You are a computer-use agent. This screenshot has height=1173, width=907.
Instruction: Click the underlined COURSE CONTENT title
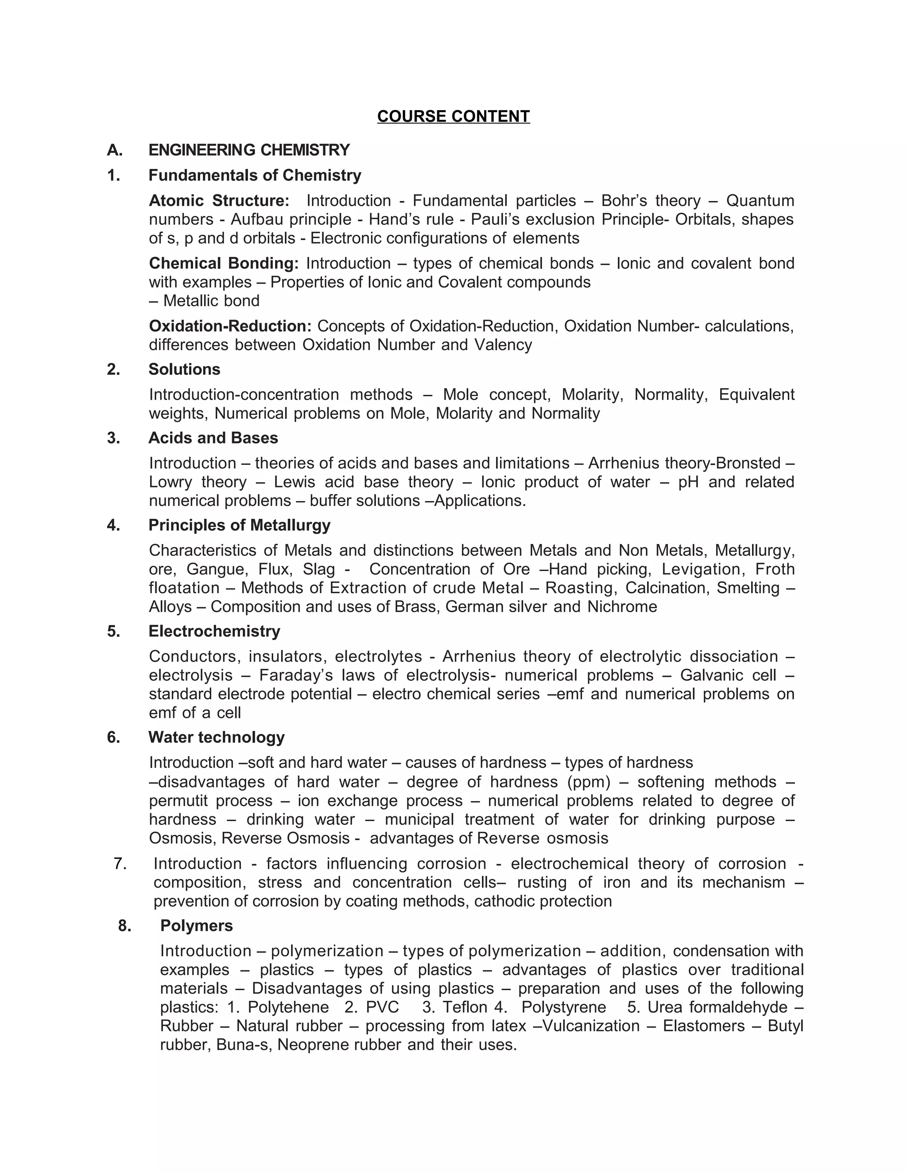click(453, 116)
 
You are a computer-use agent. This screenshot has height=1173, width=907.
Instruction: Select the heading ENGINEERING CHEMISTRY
click(249, 150)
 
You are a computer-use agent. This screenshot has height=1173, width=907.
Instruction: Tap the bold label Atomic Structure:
click(219, 201)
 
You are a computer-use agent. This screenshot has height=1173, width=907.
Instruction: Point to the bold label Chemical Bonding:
click(224, 263)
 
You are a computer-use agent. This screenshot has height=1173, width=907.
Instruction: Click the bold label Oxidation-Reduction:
click(230, 326)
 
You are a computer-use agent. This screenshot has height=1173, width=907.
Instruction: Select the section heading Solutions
click(184, 369)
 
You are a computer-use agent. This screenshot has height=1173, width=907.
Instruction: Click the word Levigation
click(702, 569)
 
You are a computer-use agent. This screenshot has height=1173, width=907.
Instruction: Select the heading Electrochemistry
click(214, 631)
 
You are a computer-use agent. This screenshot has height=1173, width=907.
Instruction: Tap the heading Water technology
click(216, 737)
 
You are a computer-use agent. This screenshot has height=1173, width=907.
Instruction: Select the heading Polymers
click(196, 926)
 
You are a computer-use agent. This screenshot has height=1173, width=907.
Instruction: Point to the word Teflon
click(465, 1007)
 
